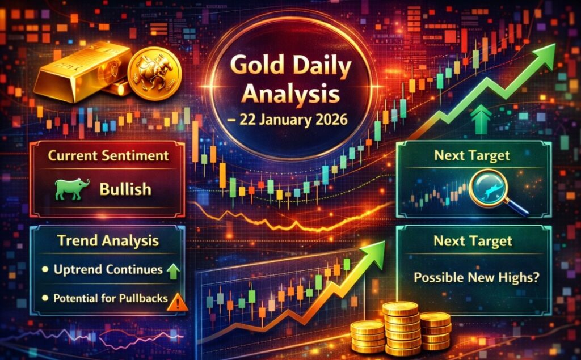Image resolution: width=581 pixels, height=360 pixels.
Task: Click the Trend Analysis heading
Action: click(x=108, y=241)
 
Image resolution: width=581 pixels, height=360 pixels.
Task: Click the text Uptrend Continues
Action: click(x=108, y=269)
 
